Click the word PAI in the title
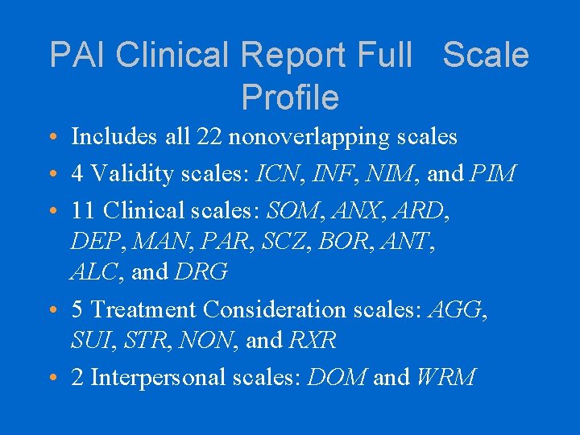pos(78,55)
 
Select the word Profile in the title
pos(290,97)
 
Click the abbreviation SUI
pos(91,340)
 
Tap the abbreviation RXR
pos(310,340)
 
